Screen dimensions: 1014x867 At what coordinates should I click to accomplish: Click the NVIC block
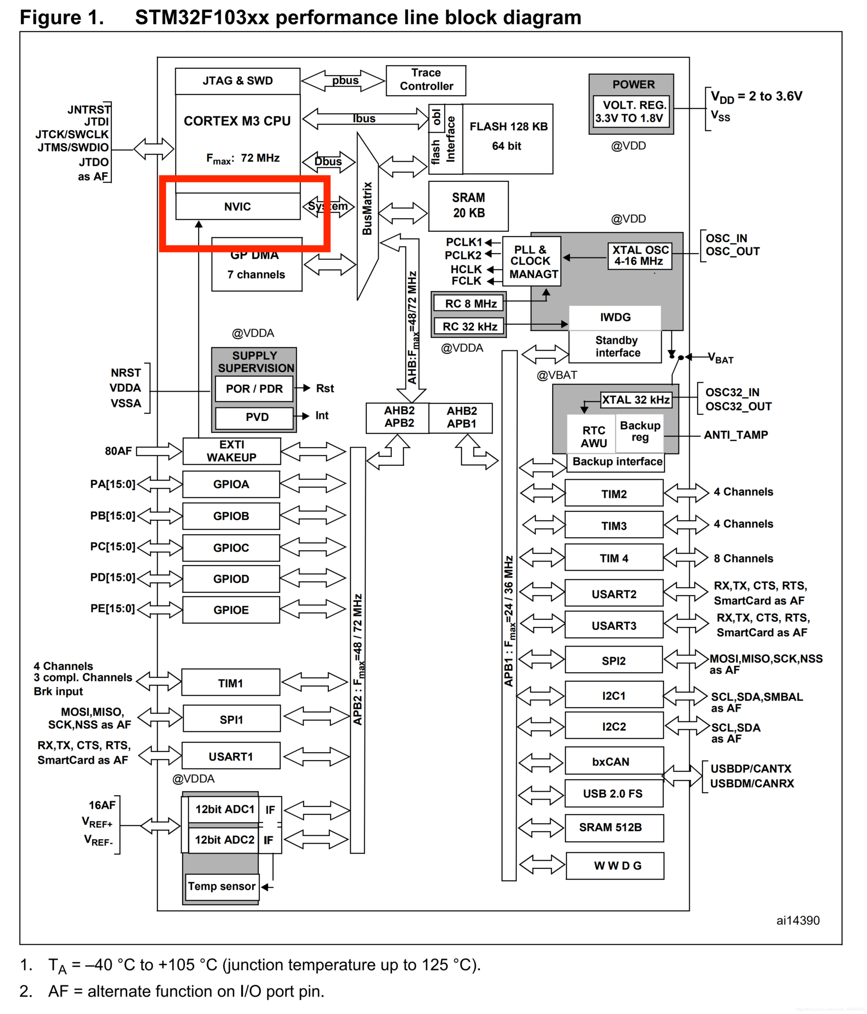click(x=238, y=206)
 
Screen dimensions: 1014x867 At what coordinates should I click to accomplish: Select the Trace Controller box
click(x=425, y=80)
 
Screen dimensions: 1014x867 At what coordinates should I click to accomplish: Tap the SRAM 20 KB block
click(x=468, y=205)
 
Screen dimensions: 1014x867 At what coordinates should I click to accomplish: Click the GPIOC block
click(x=231, y=548)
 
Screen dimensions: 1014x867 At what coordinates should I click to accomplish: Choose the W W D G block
click(x=615, y=865)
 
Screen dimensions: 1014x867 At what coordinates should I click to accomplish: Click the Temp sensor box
click(x=221, y=886)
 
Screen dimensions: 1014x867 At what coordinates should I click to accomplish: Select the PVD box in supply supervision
click(x=255, y=417)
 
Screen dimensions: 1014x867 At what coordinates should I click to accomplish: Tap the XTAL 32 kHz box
click(x=636, y=400)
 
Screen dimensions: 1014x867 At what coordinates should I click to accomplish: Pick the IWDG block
click(x=615, y=317)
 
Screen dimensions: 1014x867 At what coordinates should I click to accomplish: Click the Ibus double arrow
click(x=365, y=119)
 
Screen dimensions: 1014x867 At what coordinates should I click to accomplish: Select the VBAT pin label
click(x=721, y=358)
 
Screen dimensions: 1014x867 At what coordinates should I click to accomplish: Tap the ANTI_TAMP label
click(x=736, y=435)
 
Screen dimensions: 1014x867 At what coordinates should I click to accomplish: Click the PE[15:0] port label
click(x=112, y=608)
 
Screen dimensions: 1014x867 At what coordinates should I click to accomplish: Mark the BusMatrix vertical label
click(x=367, y=208)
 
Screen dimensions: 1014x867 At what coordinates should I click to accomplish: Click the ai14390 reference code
click(x=798, y=920)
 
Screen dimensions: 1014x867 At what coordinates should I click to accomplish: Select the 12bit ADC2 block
click(x=224, y=840)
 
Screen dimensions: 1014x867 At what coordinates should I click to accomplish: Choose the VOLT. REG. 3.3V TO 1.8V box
click(x=631, y=111)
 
